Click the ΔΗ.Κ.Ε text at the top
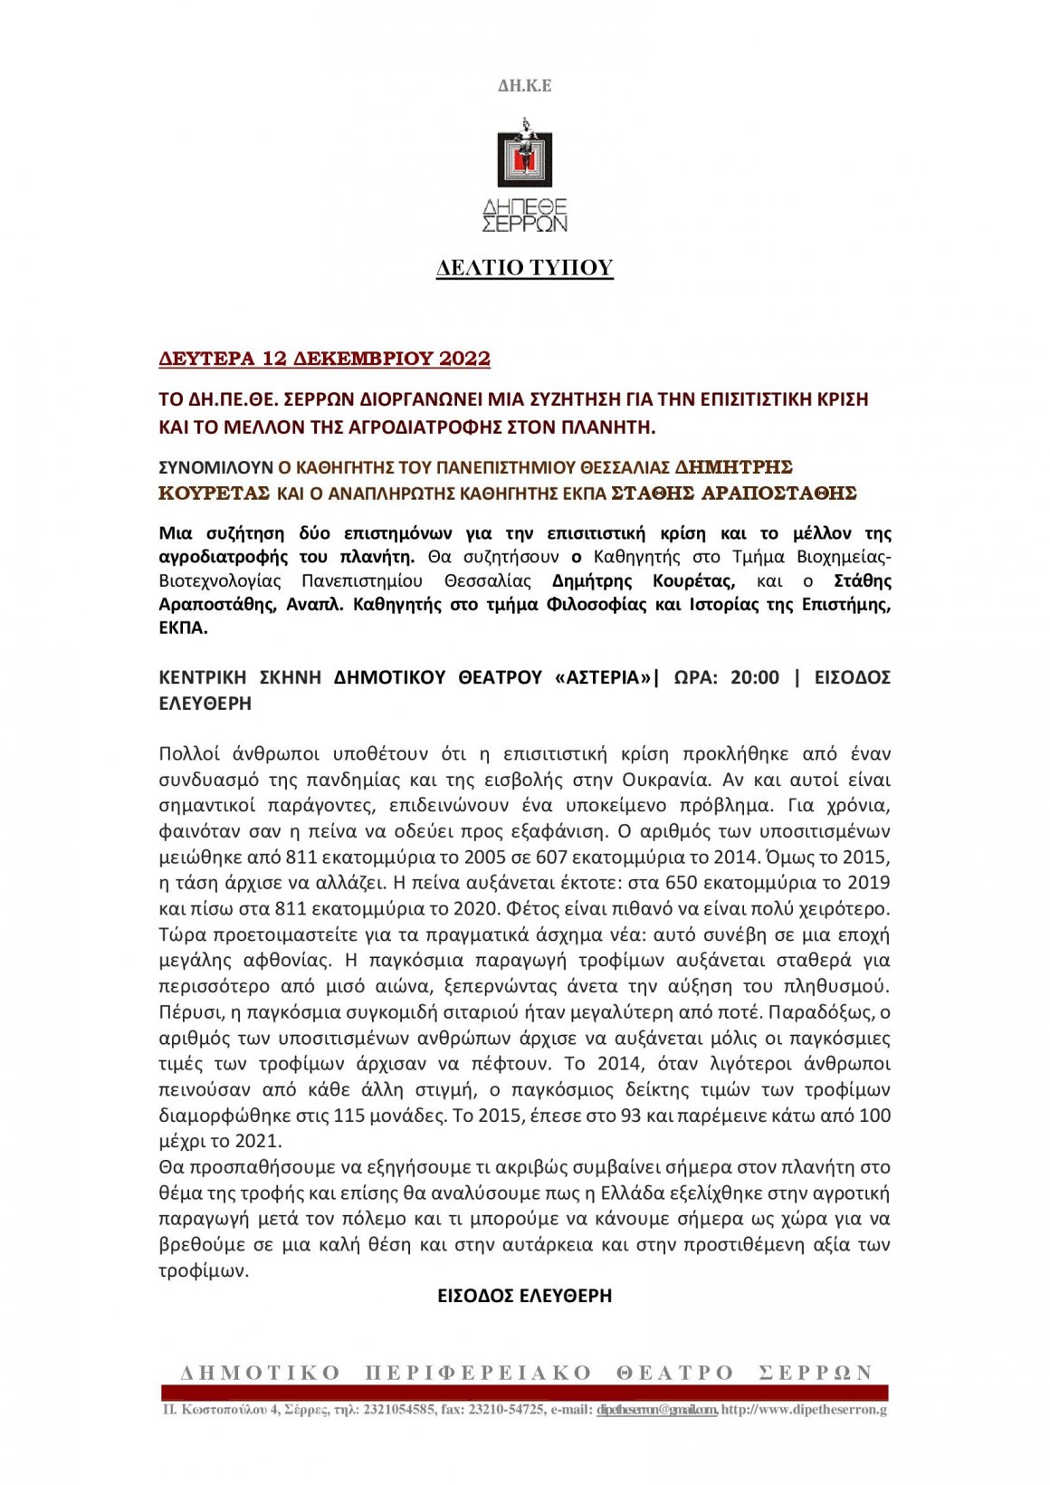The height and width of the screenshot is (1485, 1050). pos(524,86)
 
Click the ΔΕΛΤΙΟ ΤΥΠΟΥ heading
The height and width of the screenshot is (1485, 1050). pos(524,268)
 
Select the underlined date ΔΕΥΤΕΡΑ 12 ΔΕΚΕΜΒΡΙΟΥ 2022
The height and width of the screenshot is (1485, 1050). pos(324,359)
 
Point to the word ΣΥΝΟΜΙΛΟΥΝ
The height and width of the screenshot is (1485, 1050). pos(215,468)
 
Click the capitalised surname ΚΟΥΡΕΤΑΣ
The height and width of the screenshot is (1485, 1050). pos(215,493)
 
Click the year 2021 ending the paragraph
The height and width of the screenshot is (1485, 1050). pos(258,1141)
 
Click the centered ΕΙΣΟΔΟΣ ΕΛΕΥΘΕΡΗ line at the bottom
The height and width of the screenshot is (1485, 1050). pos(524,1296)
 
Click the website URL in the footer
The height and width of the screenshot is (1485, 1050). pos(804,1410)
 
